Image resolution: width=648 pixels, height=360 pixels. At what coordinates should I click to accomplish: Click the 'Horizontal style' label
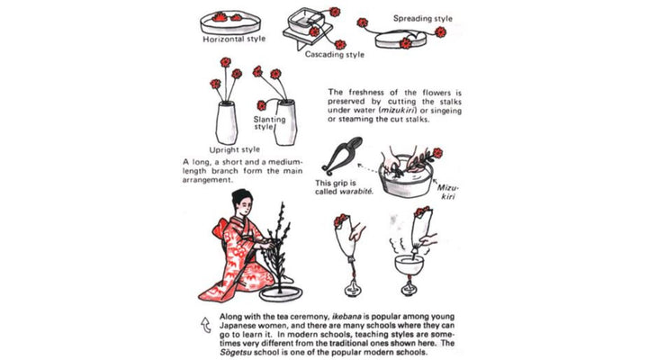(234, 39)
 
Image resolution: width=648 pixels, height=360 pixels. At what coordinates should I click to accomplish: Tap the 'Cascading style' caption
(335, 54)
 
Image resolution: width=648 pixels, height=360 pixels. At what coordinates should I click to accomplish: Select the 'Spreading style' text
(423, 19)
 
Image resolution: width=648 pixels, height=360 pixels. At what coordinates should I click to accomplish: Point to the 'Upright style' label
(234, 149)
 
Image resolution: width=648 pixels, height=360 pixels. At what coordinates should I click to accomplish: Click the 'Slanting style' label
(269, 122)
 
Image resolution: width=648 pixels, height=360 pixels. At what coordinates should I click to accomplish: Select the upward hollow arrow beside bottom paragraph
(206, 325)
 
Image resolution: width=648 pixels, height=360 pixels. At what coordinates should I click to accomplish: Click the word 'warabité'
(356, 192)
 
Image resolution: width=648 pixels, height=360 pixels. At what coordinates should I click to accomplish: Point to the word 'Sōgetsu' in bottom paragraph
(235, 353)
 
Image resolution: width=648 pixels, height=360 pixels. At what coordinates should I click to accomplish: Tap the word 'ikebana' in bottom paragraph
(346, 317)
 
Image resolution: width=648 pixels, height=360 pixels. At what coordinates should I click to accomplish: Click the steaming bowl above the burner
(409, 265)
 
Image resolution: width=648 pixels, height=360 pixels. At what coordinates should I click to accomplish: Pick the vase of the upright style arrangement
(227, 122)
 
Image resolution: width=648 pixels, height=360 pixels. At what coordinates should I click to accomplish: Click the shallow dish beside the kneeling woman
(281, 294)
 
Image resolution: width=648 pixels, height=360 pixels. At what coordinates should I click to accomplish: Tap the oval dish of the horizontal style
(230, 23)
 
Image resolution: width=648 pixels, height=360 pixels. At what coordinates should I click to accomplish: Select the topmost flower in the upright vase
(226, 62)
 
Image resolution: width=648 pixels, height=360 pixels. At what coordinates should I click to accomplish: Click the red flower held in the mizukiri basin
(437, 153)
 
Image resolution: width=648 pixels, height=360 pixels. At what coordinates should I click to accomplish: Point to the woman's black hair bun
(239, 195)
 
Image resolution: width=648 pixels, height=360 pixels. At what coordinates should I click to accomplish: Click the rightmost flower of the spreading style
(440, 31)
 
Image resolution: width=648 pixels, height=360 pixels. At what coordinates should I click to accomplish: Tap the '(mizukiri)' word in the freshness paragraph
(397, 111)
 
